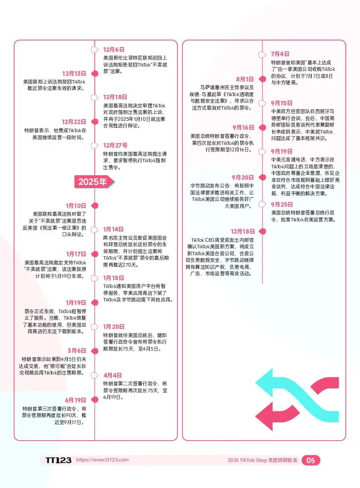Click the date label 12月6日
[114, 50]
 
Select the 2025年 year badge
[92, 182]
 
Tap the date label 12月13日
[74, 74]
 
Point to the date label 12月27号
[115, 145]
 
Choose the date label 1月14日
[113, 229]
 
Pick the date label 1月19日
[76, 303]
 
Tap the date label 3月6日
[77, 351]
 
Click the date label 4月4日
[113, 375]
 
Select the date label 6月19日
[76, 400]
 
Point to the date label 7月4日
[280, 54]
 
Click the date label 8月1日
[245, 79]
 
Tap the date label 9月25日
[282, 204]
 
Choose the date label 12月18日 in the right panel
[242, 231]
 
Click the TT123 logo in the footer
[58, 460]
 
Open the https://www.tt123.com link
[102, 460]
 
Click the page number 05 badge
[311, 461]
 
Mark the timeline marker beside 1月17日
[94, 254]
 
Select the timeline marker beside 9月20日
[262, 177]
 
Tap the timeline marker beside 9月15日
[262, 103]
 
